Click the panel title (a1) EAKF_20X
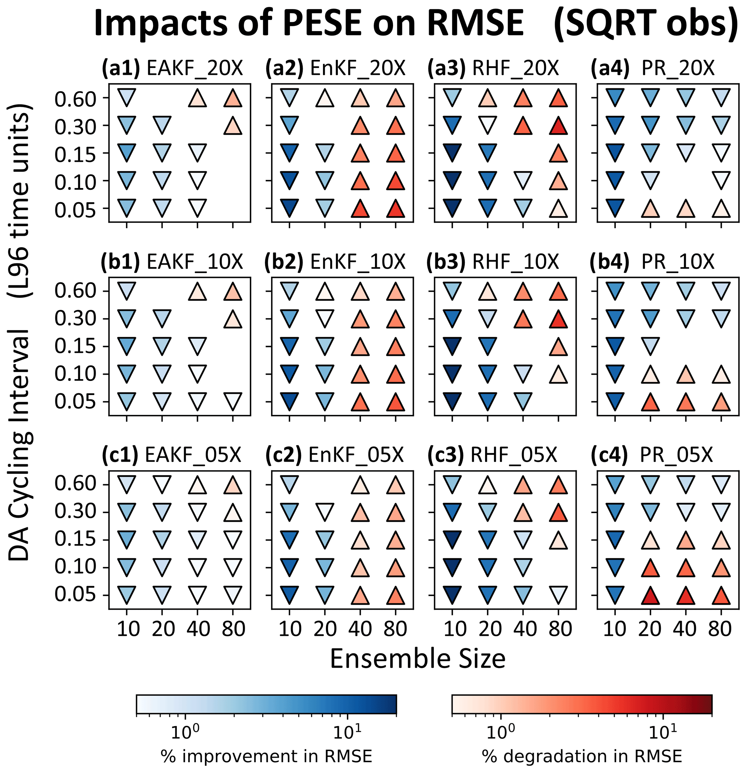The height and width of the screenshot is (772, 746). click(173, 68)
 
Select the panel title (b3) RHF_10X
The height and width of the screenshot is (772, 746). click(493, 261)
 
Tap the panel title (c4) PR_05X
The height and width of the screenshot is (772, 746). click(651, 455)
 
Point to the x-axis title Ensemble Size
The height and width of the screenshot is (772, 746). click(417, 659)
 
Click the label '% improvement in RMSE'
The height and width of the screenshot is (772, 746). click(266, 756)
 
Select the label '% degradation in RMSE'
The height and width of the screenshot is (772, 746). click(582, 756)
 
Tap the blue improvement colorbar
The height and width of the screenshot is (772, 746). click(266, 704)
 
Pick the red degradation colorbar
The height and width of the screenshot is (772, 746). click(582, 704)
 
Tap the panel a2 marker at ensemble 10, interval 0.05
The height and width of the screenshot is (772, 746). click(289, 208)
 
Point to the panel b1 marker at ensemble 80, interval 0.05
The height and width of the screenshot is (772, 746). click(233, 402)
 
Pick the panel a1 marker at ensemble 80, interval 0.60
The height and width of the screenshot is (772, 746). click(233, 98)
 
